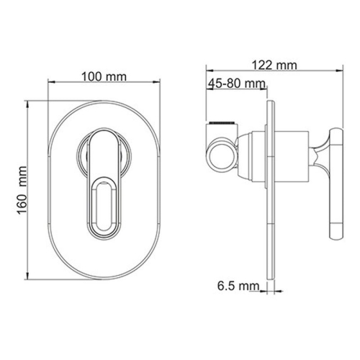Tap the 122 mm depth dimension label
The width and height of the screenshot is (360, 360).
pyautogui.click(x=275, y=66)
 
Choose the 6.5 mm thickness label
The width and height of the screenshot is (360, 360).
pyautogui.click(x=238, y=287)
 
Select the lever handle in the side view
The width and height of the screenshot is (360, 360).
pyautogui.click(x=334, y=184)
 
